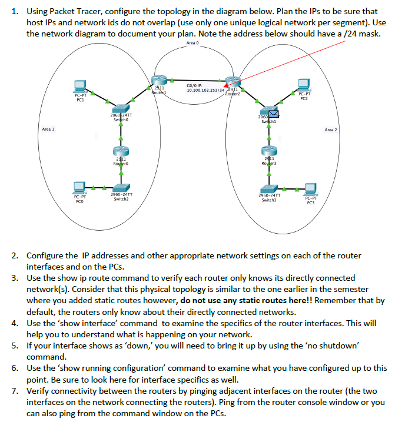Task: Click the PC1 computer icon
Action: pos(81,85)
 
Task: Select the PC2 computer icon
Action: pos(304,85)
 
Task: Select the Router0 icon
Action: pos(121,152)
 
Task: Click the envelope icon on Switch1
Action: pos(273,111)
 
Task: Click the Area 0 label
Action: pos(192,43)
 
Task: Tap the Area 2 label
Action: pos(331,129)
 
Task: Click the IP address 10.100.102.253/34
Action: pos(202,90)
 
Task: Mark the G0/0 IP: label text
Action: pos(195,85)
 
